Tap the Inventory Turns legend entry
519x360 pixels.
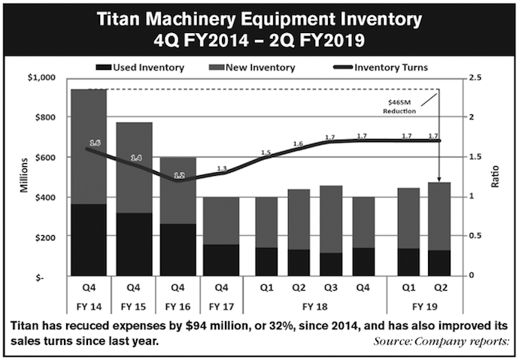coord(388,68)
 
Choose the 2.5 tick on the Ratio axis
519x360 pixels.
coord(475,77)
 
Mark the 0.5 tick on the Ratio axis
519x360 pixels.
coord(475,236)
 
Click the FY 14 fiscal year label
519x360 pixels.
coord(90,307)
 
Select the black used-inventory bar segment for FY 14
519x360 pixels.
coord(90,240)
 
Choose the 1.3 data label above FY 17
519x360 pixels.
coord(222,168)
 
